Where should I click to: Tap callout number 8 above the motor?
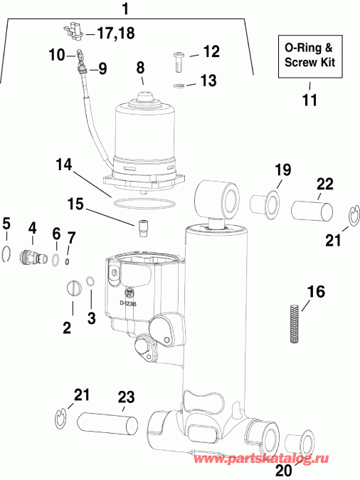coord(140,68)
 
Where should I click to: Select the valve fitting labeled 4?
coord(31,253)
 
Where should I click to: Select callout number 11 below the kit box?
coord(309,99)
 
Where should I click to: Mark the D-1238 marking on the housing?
coord(128,303)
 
